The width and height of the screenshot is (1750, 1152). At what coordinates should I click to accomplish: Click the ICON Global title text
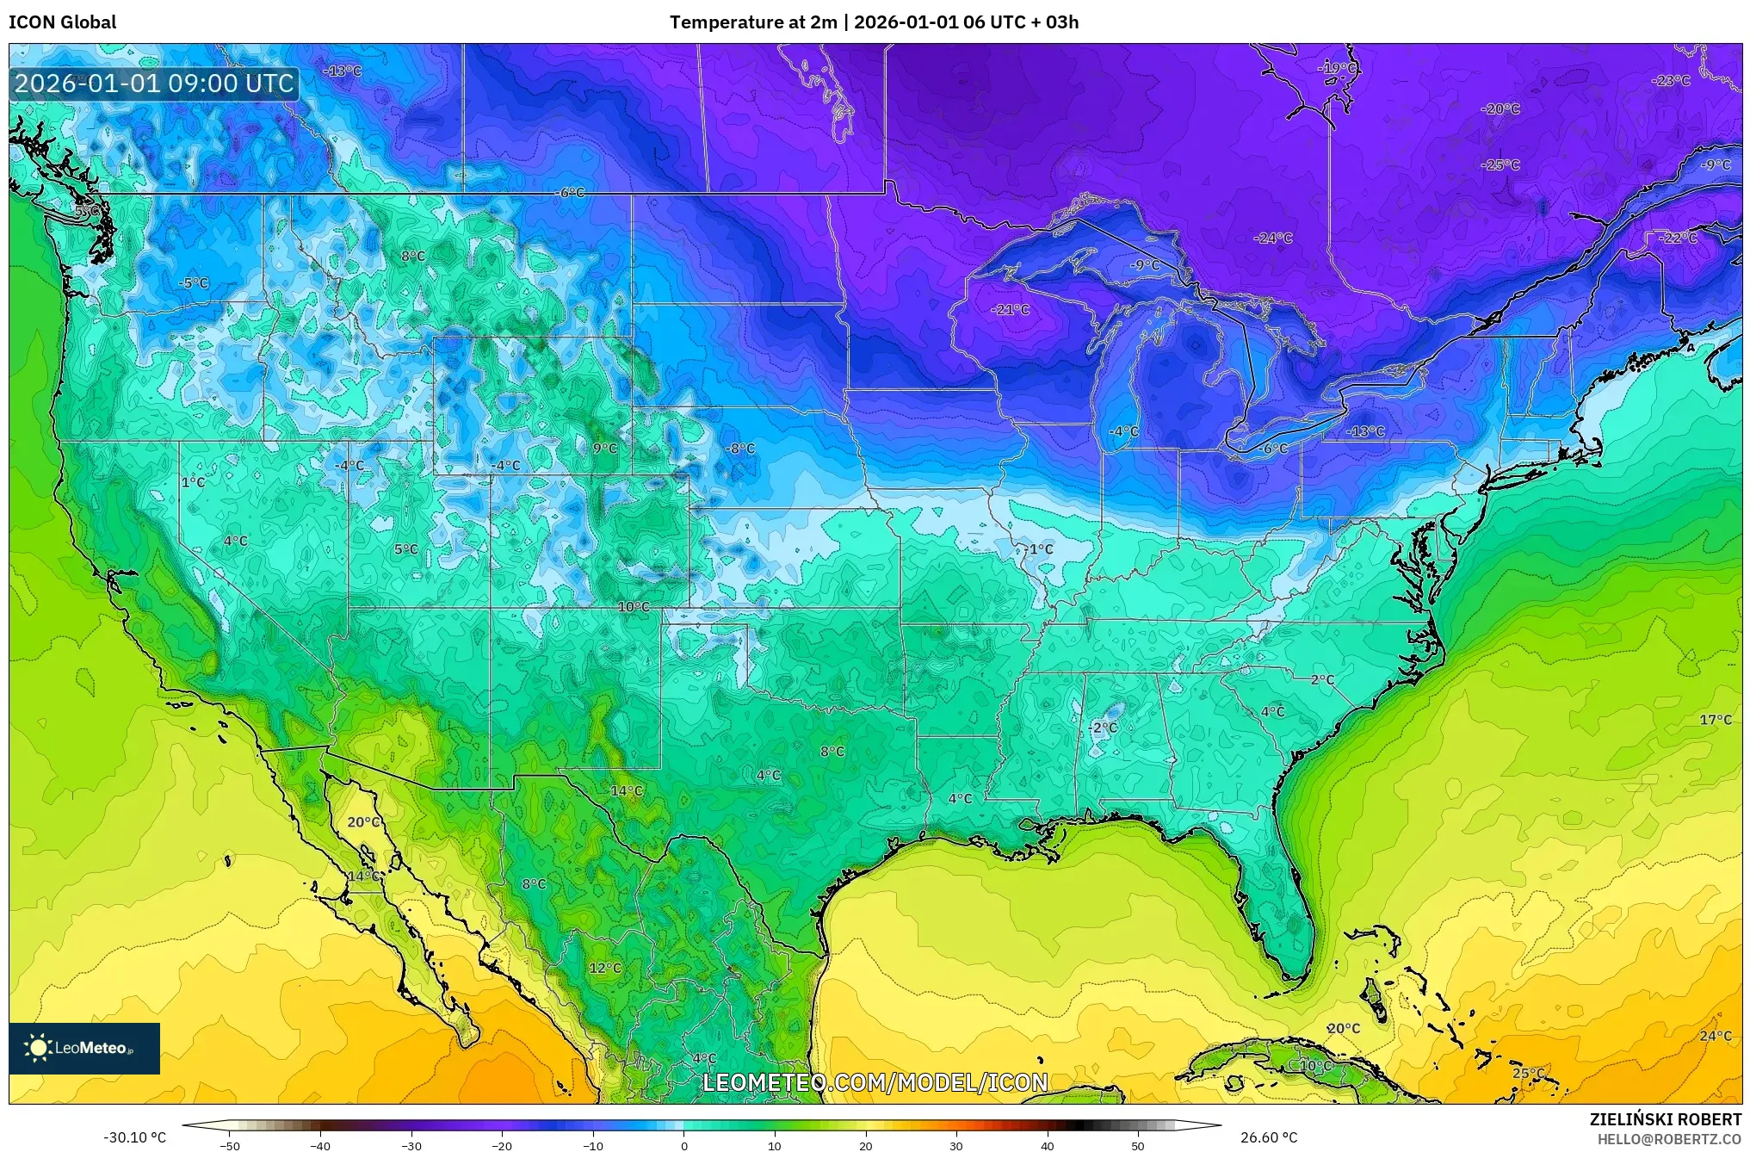coord(62,22)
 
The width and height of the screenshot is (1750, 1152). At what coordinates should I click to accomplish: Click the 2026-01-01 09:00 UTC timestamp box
coord(154,84)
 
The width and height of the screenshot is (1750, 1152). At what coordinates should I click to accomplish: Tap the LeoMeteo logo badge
coord(84,1048)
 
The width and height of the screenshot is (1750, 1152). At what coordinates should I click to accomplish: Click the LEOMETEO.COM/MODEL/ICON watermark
coord(875,1082)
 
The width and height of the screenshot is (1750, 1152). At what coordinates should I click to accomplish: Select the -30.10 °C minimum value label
coord(134,1138)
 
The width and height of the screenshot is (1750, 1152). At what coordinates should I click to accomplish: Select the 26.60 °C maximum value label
coord(1269,1138)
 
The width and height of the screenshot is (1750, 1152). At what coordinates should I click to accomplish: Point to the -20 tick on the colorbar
coord(502,1146)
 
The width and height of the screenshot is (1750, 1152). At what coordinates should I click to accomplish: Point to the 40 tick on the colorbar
coord(1047,1146)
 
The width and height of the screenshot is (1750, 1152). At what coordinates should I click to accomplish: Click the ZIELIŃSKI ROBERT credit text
coord(1665,1119)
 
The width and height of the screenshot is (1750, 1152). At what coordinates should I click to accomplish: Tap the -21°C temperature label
coord(1010,309)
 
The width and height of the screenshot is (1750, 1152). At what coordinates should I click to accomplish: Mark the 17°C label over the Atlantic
coord(1715,720)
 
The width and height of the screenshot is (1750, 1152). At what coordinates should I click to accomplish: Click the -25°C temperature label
coord(1500,165)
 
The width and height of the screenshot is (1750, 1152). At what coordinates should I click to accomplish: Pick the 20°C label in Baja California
coord(363,822)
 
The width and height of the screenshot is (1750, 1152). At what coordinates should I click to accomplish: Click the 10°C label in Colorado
coord(634,607)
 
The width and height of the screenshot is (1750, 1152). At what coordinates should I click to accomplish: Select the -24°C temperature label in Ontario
coord(1272,238)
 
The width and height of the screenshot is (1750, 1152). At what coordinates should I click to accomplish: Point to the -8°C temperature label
coord(739,449)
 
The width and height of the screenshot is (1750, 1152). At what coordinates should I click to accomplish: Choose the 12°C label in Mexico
coord(605,968)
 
